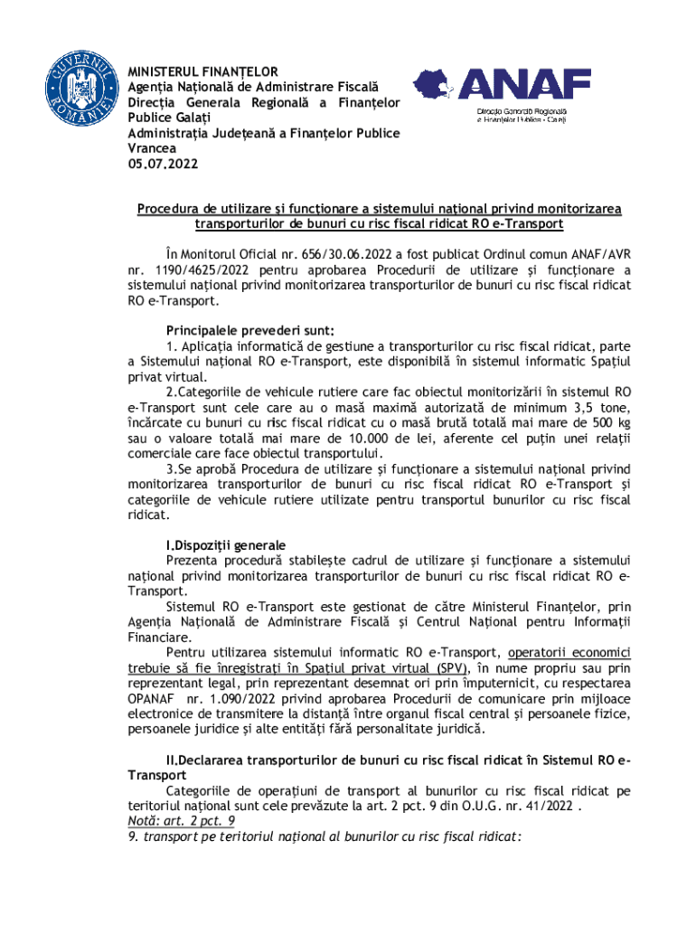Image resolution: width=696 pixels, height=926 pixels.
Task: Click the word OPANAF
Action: tap(154, 699)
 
